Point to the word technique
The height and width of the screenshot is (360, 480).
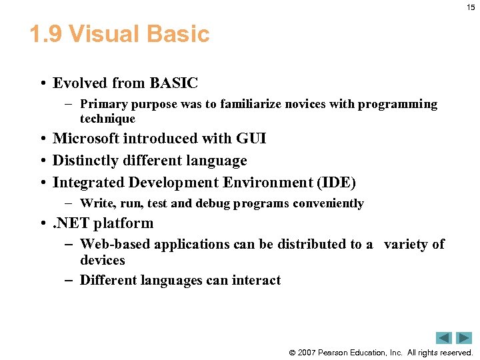click(x=107, y=119)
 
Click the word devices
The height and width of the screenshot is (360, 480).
click(x=102, y=260)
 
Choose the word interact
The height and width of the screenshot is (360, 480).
click(x=256, y=280)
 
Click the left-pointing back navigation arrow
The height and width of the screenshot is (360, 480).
click(x=444, y=338)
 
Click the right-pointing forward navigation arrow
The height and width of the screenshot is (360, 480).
click(x=464, y=338)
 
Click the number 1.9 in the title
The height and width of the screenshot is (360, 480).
click(x=45, y=34)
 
